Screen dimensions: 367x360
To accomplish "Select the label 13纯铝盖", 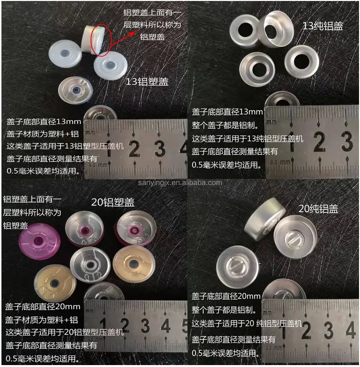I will [323, 27].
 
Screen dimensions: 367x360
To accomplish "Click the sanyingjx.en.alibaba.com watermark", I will [182, 182].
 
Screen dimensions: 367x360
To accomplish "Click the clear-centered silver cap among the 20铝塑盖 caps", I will [90, 265].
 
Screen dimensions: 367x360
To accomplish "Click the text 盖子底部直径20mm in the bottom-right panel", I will [226, 296].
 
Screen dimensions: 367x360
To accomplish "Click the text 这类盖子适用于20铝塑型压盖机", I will [65, 332].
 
